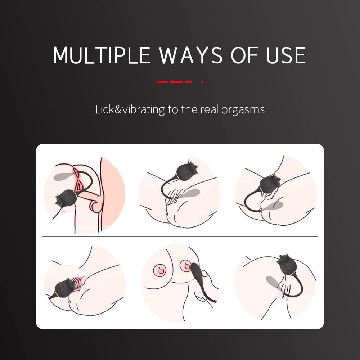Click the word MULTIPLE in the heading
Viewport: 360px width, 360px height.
pyautogui.click(x=102, y=55)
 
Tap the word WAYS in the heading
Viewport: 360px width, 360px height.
pyautogui.click(x=191, y=55)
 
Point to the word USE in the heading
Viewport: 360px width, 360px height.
pyautogui.click(x=286, y=55)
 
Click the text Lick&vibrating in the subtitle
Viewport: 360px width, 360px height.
pyautogui.click(x=130, y=109)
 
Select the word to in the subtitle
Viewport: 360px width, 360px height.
pyautogui.click(x=173, y=110)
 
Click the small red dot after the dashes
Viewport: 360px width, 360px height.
pyautogui.click(x=202, y=82)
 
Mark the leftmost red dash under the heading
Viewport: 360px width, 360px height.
pyautogui.click(x=163, y=82)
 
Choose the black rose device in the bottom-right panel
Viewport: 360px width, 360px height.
pyautogui.click(x=287, y=265)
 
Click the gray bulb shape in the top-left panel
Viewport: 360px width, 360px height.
pyautogui.click(x=64, y=176)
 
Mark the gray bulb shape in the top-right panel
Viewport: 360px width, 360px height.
pyautogui.click(x=273, y=206)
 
